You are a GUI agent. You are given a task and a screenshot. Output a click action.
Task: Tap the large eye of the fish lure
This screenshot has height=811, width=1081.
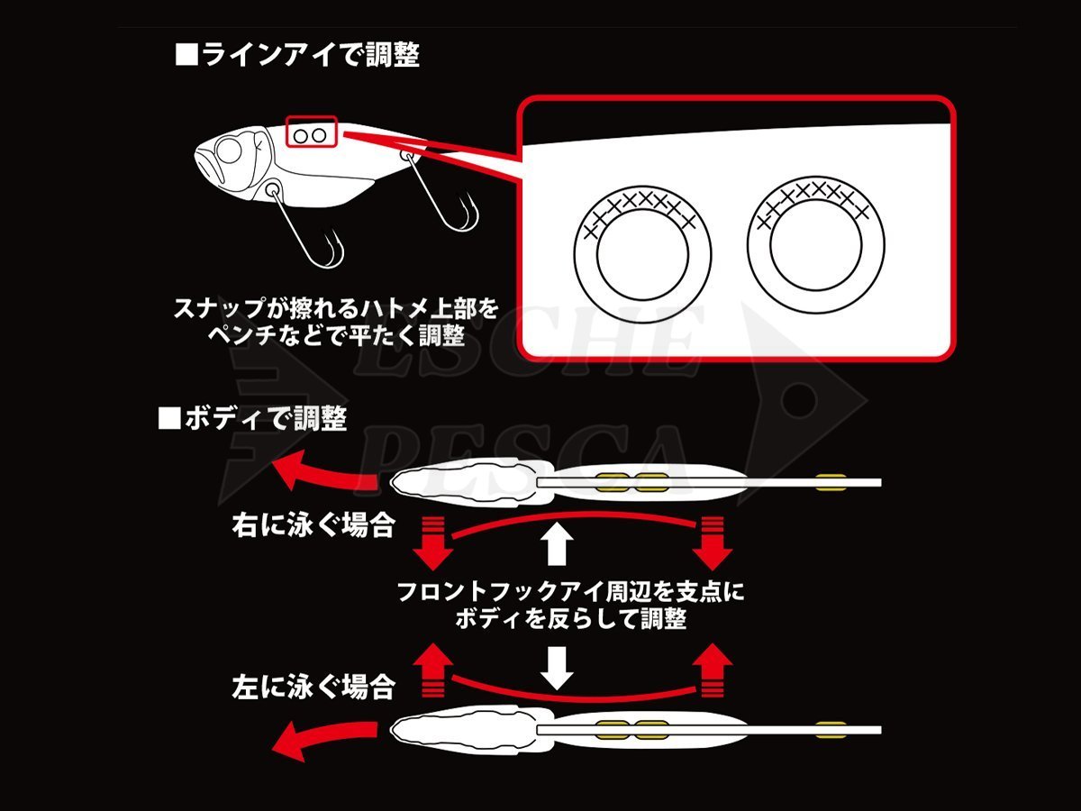228,150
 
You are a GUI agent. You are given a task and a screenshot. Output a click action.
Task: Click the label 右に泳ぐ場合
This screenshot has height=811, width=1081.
313,525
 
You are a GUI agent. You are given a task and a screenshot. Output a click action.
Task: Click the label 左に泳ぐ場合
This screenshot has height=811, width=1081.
313,687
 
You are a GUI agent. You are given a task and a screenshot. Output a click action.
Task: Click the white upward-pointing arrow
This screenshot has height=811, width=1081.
557,546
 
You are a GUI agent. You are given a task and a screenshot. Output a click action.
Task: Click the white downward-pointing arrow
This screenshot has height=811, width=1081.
557,667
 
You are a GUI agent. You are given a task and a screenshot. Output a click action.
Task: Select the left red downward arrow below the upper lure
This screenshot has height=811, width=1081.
432,543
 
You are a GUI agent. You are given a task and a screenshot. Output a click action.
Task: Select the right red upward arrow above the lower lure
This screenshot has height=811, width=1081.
713,670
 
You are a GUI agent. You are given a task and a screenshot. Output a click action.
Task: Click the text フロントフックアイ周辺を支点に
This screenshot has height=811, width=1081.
570,591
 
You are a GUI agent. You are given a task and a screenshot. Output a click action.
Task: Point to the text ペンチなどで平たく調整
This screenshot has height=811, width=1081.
336,336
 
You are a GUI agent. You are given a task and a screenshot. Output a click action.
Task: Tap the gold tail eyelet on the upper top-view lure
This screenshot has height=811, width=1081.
831,482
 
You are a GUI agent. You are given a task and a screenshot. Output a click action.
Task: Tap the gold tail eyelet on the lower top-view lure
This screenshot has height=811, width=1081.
831,730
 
